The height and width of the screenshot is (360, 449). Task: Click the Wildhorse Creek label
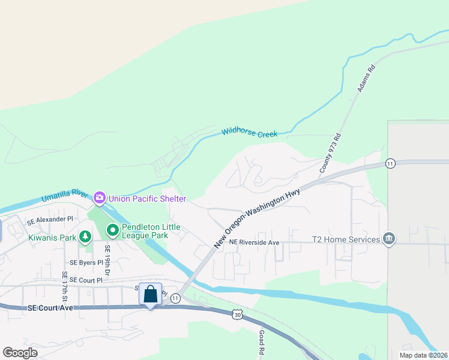(x=249, y=133)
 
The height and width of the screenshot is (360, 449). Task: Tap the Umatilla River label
(x=65, y=196)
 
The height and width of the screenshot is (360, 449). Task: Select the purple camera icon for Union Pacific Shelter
(x=99, y=197)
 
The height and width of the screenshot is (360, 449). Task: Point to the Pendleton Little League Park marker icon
(x=112, y=230)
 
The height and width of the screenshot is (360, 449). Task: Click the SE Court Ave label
(x=50, y=308)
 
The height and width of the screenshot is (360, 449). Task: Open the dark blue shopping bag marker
(x=150, y=295)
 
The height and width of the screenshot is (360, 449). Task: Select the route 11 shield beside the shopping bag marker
(x=175, y=298)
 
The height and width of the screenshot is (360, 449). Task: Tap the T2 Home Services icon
(x=390, y=239)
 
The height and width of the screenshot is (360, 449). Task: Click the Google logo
(x=20, y=352)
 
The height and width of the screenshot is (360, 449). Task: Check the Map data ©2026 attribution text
(x=423, y=355)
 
